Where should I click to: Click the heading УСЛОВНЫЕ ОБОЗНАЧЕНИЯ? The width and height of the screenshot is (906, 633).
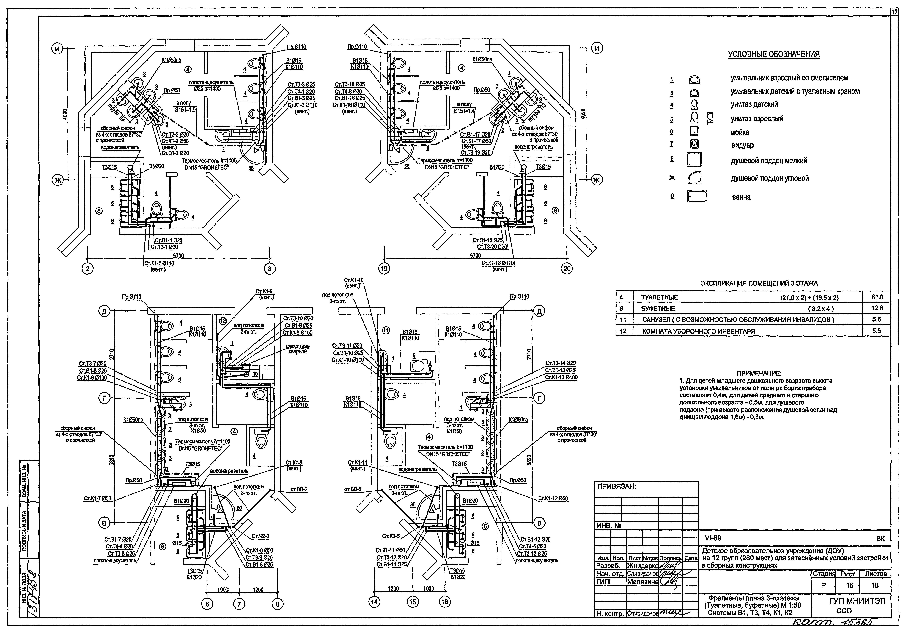point(773,54)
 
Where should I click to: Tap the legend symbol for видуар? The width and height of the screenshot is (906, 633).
point(694,144)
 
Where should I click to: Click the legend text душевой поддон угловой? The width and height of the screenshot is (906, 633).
point(770,178)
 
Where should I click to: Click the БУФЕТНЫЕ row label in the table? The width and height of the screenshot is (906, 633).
point(658,308)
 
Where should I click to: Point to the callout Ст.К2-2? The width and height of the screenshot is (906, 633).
point(260,536)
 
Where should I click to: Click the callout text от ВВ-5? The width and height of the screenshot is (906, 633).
point(352,489)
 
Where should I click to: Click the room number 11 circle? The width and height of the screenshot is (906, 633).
point(386,331)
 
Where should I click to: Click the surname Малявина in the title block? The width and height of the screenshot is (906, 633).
point(642,582)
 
